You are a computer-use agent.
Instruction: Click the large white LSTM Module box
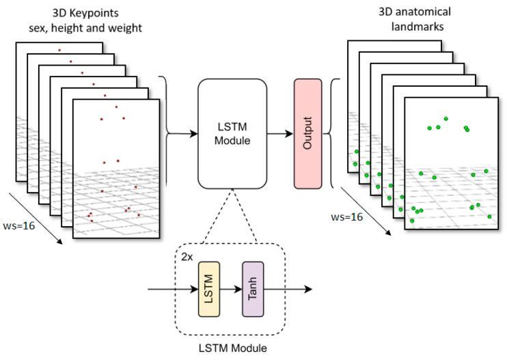click(x=232, y=134)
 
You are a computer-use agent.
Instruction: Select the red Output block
click(x=307, y=134)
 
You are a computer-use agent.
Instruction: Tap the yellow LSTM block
click(x=208, y=289)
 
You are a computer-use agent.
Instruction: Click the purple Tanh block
click(x=253, y=289)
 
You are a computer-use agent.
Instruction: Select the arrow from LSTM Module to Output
click(x=279, y=134)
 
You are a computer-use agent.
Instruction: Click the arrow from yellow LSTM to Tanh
click(x=231, y=289)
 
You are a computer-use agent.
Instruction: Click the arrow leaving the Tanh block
click(x=287, y=289)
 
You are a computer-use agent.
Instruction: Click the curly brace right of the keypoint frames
click(x=165, y=134)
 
